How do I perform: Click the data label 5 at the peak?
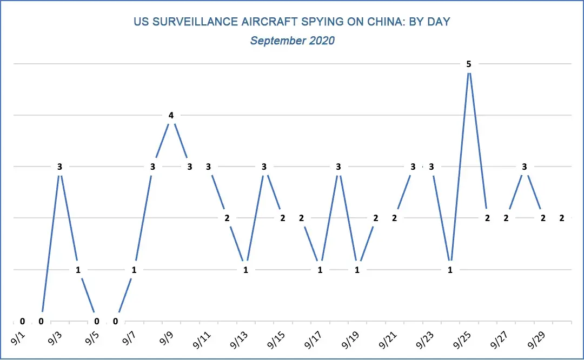pyautogui.click(x=469, y=64)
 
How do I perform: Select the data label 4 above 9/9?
pyautogui.click(x=171, y=115)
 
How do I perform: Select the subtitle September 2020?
pyautogui.click(x=292, y=41)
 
